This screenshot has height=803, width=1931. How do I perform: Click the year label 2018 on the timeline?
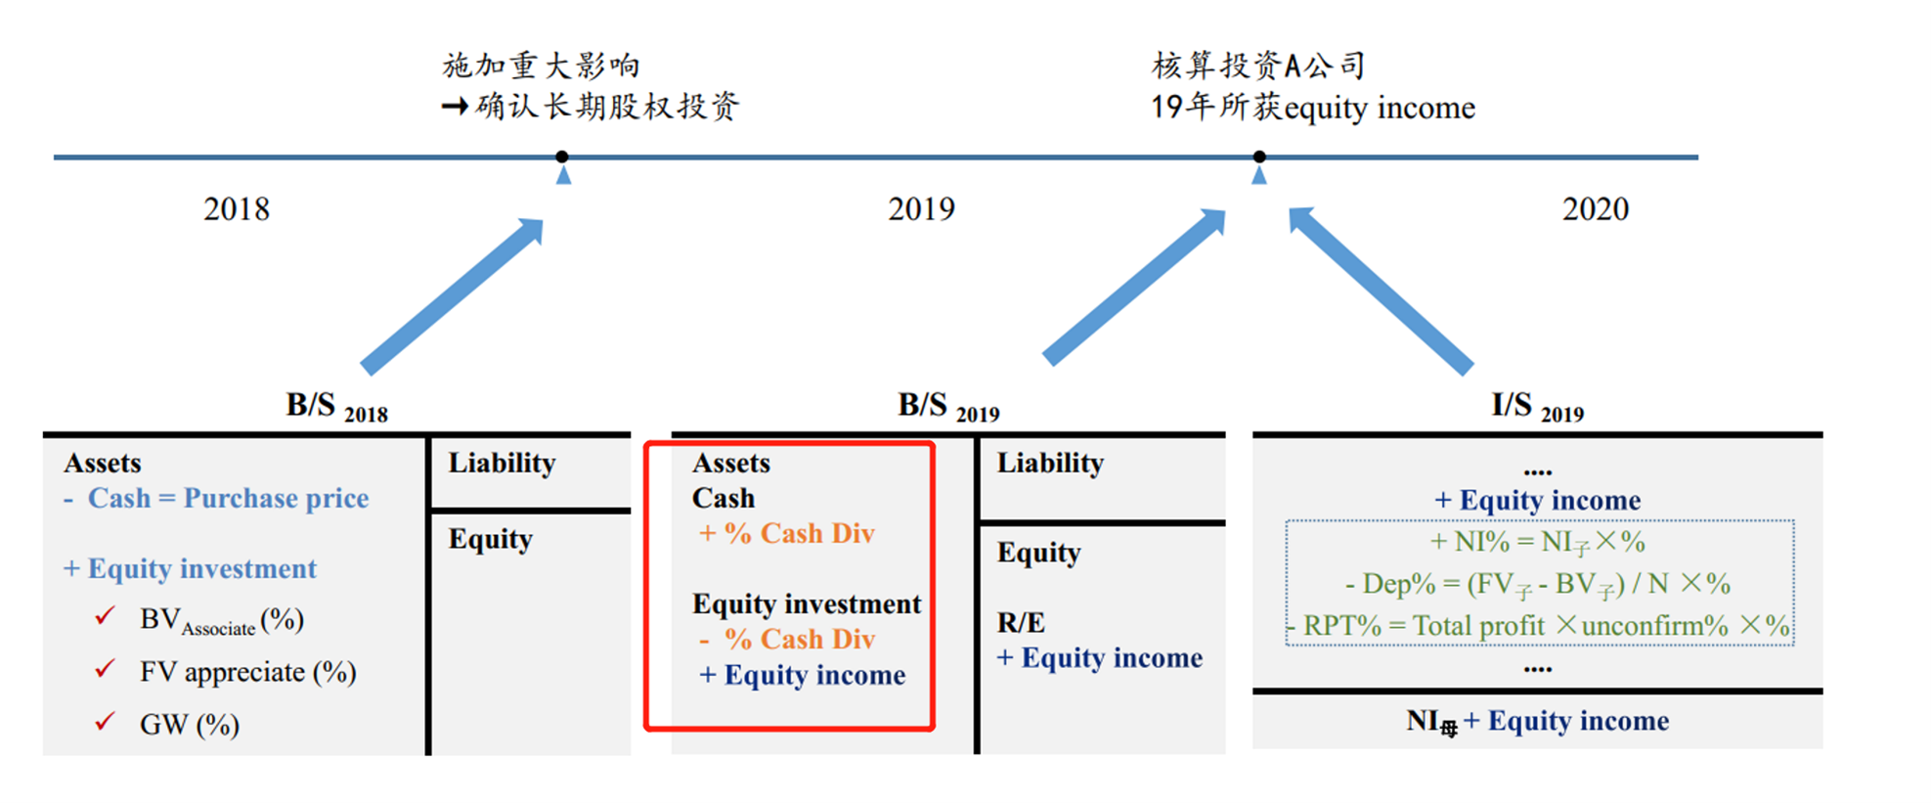[x=236, y=209]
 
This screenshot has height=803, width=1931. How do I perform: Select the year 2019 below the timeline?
[x=921, y=209]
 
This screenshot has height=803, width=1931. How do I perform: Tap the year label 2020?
[x=1595, y=209]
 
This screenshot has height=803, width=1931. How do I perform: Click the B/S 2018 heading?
[x=336, y=407]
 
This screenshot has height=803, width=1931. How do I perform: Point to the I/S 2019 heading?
[x=1537, y=407]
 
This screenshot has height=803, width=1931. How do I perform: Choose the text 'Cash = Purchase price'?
[x=228, y=499]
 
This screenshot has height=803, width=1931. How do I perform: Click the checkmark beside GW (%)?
[x=105, y=722]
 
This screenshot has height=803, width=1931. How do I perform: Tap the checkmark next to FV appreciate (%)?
[x=105, y=669]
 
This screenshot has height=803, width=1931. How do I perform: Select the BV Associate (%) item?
[x=221, y=620]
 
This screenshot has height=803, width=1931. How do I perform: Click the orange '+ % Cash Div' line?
[x=787, y=534]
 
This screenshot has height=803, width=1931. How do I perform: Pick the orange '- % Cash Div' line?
[x=787, y=640]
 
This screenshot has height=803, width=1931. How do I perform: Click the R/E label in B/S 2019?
[x=1021, y=623]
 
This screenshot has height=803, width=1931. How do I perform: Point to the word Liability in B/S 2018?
[x=502, y=463]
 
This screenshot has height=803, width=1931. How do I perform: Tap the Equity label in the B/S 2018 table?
[x=490, y=540]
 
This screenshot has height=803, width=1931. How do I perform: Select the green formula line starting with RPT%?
[x=1540, y=626]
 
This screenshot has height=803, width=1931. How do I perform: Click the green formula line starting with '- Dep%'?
[x=1538, y=585]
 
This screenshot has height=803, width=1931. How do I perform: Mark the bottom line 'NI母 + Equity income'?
[x=1537, y=722]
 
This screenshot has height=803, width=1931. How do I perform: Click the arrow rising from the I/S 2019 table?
[x=1380, y=290]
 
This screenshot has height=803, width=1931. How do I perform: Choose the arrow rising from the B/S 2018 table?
[x=452, y=295]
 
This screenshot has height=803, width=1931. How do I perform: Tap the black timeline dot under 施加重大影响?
[x=562, y=156]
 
